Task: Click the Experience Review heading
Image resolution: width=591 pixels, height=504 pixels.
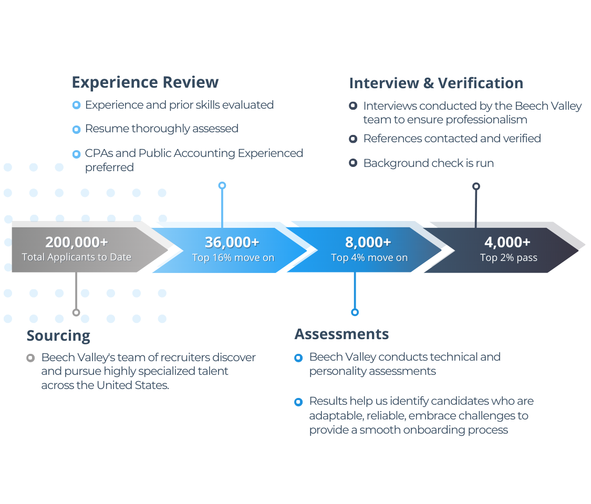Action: [145, 82]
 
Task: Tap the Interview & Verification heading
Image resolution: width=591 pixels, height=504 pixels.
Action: [436, 83]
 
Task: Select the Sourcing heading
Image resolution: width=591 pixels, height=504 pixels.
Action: [58, 335]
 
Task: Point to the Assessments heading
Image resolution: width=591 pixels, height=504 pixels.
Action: [341, 334]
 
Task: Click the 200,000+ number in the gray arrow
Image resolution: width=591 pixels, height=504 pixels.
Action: [77, 242]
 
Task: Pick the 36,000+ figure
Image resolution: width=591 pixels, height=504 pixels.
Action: [232, 243]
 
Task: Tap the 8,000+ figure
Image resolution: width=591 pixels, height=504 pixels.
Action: [368, 243]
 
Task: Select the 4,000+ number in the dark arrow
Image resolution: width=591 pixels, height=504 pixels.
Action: [507, 243]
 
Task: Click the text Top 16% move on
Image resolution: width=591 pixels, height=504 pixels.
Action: [233, 258]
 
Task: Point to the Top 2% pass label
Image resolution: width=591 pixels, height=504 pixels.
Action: [509, 258]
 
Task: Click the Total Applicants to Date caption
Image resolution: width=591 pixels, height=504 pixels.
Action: [77, 257]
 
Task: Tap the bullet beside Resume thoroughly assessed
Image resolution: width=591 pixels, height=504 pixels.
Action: [76, 130]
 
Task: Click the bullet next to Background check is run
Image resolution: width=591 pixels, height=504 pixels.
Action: [353, 163]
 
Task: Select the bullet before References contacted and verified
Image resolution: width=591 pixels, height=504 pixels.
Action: [353, 139]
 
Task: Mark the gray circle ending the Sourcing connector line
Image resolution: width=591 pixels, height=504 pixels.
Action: [76, 312]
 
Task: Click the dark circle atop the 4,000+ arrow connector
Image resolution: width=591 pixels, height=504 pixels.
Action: [476, 186]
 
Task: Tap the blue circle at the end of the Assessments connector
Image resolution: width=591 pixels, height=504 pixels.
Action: [355, 312]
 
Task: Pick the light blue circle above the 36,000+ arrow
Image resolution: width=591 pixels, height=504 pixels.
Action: [222, 185]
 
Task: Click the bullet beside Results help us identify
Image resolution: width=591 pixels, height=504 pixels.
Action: [298, 402]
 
